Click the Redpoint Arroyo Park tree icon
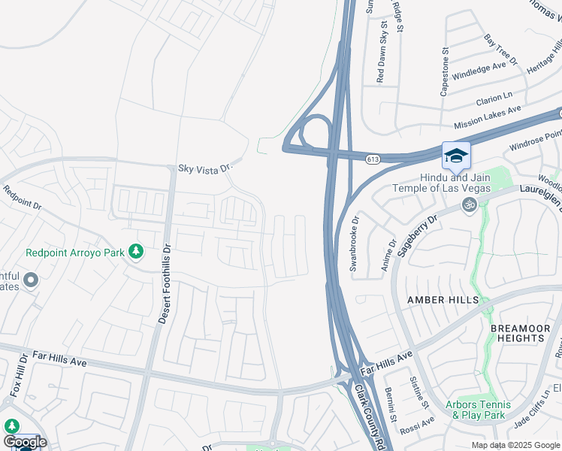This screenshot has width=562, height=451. click(136, 251)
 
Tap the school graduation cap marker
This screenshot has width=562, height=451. click(456, 156)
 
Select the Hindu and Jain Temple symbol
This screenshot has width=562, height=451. click(470, 204)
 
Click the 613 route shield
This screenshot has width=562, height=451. click(373, 159)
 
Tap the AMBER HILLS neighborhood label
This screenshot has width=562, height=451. click(443, 300)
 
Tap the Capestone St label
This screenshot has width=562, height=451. click(445, 73)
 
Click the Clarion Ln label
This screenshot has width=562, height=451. click(494, 98)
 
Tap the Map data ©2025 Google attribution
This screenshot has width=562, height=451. click(515, 445)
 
